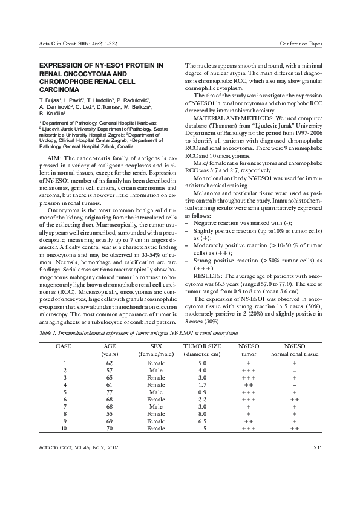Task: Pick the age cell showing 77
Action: (x=110, y=391)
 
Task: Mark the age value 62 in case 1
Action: (x=110, y=363)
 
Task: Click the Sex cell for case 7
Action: (x=155, y=406)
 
